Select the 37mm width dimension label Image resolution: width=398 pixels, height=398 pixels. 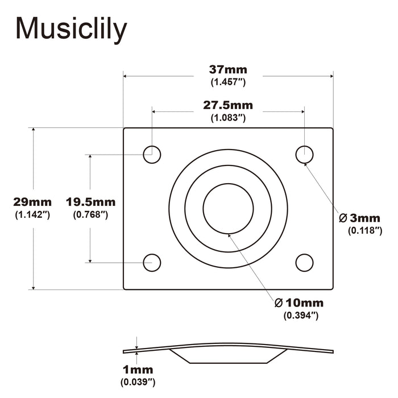point(228,70)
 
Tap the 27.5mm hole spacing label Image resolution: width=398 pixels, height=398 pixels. point(228,105)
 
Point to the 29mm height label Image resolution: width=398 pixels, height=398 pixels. point(32,202)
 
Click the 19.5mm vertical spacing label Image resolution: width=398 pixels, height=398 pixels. point(90,202)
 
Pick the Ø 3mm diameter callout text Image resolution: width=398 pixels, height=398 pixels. point(359,218)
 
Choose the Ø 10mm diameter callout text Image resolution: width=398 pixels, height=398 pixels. point(300,302)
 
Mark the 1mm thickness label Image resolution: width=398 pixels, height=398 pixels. point(138,370)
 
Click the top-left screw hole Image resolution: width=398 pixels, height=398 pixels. point(152,154)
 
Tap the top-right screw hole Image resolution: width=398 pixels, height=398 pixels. point(305,154)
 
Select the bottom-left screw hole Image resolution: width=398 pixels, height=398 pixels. point(152,262)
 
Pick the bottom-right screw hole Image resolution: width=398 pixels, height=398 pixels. point(305,262)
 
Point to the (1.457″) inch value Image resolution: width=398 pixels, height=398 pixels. point(228,82)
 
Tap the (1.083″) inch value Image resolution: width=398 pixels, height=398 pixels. point(228,117)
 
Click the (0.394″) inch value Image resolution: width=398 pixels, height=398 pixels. point(300,315)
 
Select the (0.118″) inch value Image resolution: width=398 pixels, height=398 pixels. point(364,230)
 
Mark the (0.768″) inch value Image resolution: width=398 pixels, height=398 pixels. point(90,214)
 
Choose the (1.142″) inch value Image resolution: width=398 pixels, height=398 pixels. point(32,214)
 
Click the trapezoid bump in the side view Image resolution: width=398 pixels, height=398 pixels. point(229,355)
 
